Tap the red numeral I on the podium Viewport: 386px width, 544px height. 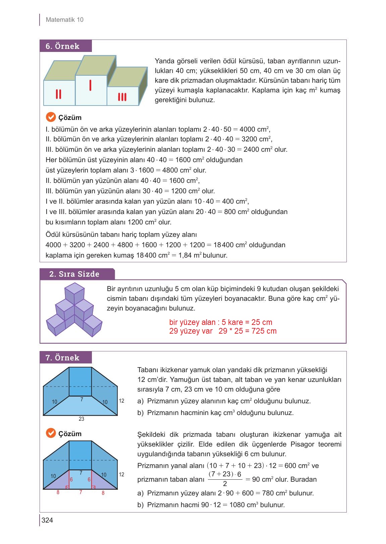tap(91, 85)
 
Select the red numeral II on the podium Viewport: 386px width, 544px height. tap(58, 94)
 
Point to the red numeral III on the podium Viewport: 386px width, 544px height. tap(122, 97)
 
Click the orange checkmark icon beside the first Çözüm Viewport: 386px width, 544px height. tap(50, 117)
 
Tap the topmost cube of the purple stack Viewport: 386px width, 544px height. tap(74, 289)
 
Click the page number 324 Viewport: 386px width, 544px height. tap(47, 520)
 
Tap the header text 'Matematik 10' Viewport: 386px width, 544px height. tap(64, 20)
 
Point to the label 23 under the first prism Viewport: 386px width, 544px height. tap(81, 419)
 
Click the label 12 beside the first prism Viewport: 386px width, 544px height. tap(121, 401)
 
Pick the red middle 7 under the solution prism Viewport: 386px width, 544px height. tap(81, 493)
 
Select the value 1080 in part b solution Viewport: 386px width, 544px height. tap(237, 505)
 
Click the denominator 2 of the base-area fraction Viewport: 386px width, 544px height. tap(225, 484)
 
